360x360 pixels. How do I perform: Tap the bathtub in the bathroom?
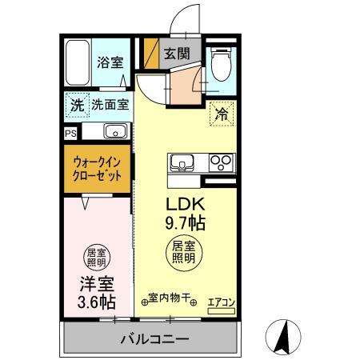click(78, 62)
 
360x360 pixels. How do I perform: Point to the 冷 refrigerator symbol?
click(221, 114)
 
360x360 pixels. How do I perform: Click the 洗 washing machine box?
click(75, 104)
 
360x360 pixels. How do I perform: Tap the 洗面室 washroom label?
click(107, 104)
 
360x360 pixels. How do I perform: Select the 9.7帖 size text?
click(183, 220)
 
